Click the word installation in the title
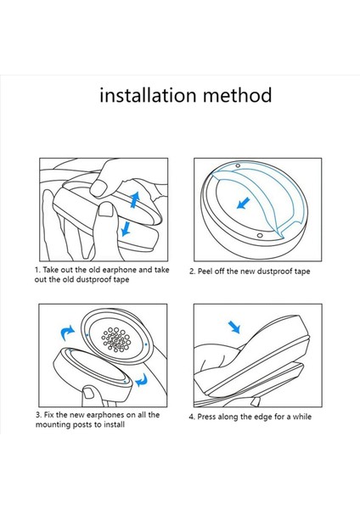coord(148,95)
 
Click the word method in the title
coord(237,95)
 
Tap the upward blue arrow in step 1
coord(134,199)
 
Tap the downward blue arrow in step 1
coord(125,228)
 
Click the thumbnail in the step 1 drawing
coord(106,210)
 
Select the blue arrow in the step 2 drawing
coord(244,204)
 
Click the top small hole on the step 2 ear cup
coord(238,166)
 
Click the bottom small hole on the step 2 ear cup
coord(259,235)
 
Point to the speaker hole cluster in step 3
coord(116,339)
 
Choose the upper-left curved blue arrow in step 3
coord(67,333)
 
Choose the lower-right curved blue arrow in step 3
coord(142,380)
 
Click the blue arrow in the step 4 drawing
coord(234,327)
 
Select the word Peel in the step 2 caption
coord(205,271)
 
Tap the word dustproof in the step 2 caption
coord(267,271)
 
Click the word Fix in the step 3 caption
coord(48,415)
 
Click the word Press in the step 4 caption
coord(207,417)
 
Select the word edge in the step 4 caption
coord(263,417)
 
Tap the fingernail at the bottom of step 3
coord(88,393)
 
